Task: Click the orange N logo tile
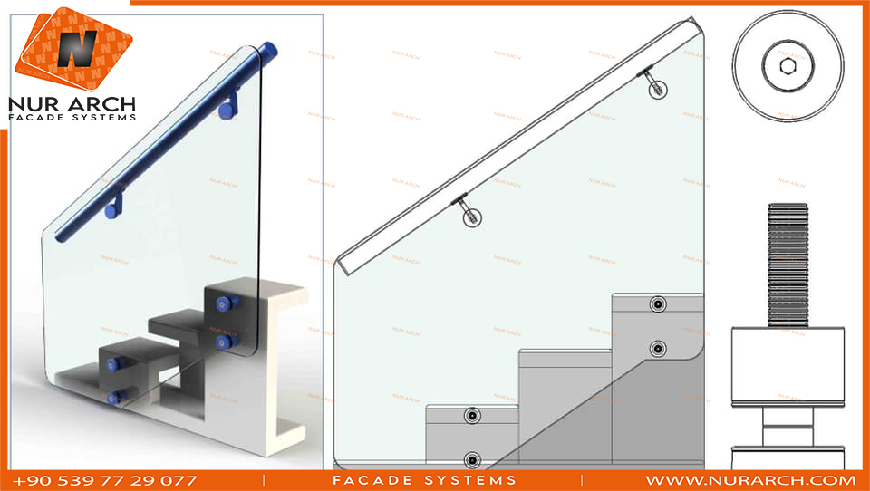tap(73, 49)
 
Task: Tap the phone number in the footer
tap(105, 480)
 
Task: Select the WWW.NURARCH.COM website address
tap(750, 480)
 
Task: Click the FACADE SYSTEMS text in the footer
tap(425, 480)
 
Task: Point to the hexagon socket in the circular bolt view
tap(788, 66)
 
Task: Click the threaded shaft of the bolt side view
tap(788, 265)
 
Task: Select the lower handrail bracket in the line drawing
tap(468, 209)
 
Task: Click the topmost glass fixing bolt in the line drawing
tap(658, 304)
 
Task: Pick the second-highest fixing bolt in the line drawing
tap(658, 349)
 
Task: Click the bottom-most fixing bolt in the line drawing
tap(472, 460)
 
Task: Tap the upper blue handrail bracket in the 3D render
tap(228, 107)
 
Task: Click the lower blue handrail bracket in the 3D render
tap(115, 207)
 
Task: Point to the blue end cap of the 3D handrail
tap(271, 50)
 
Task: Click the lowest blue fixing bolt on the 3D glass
tap(115, 398)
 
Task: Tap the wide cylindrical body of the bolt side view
tap(788, 366)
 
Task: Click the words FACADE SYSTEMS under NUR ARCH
tap(72, 118)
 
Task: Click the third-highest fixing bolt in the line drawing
tap(472, 416)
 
